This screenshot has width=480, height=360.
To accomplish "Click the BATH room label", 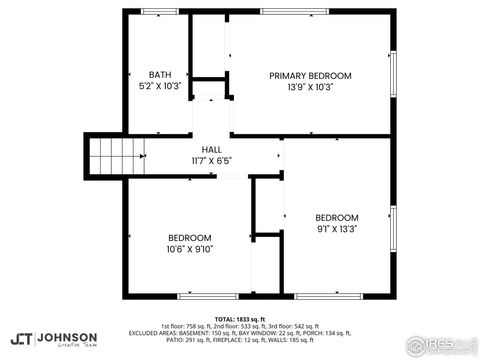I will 159,75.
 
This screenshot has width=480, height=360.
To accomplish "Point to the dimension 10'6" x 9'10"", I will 188,249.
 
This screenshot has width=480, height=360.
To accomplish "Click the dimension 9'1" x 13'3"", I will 337,229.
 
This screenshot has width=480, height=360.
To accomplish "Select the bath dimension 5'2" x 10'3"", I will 159,87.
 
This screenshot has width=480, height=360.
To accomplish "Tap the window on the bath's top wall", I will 157,11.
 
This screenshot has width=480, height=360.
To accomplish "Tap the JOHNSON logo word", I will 68,337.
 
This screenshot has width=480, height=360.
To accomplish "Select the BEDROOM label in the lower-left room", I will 188,237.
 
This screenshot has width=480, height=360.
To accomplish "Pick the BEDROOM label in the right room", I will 337,217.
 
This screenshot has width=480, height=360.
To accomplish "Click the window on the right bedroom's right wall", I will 393,229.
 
